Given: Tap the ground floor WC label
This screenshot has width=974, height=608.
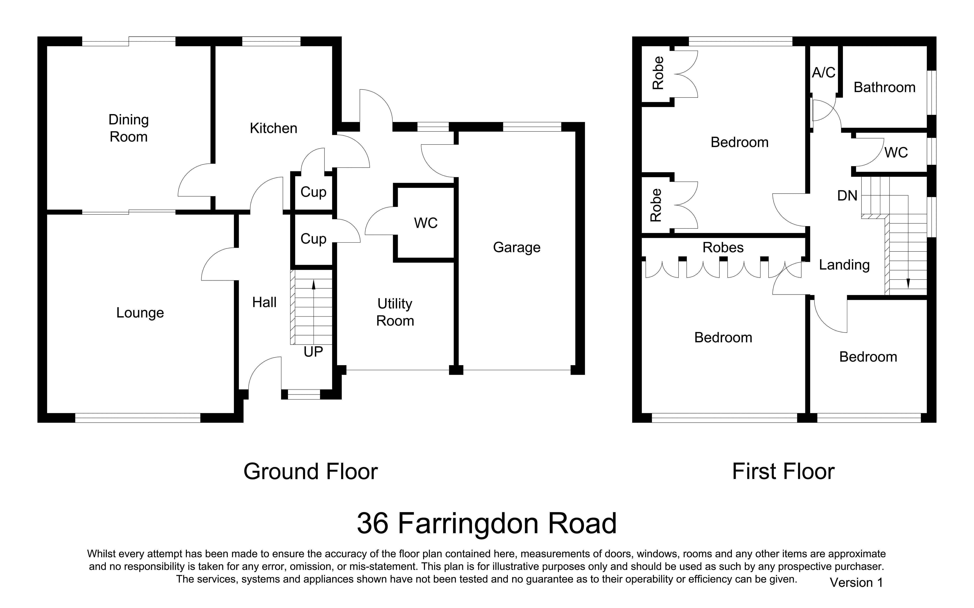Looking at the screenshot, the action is coord(426,223).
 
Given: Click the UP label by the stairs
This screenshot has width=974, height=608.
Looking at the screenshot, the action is coord(313,352).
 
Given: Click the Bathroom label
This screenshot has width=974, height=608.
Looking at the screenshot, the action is coord(884,87).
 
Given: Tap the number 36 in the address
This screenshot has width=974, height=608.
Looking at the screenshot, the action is coord(373,523).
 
